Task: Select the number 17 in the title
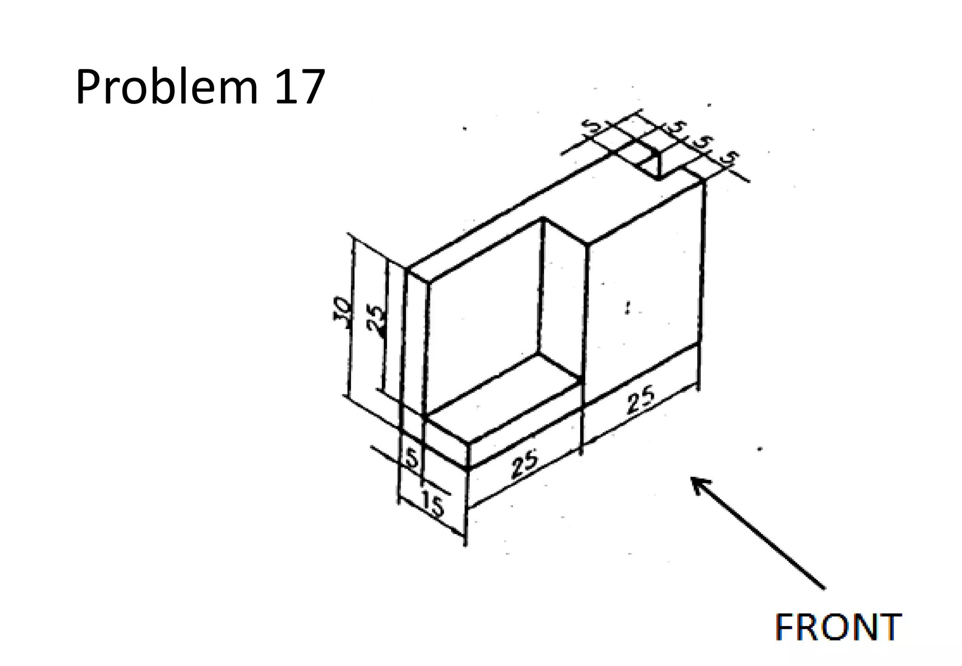299,87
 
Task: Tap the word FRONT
838,627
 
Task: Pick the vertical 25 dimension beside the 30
377,321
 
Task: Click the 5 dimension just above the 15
411,458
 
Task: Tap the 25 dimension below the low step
525,463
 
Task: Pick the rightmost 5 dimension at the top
729,158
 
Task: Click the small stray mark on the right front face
628,308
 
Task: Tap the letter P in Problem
90,87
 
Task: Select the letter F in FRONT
785,627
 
